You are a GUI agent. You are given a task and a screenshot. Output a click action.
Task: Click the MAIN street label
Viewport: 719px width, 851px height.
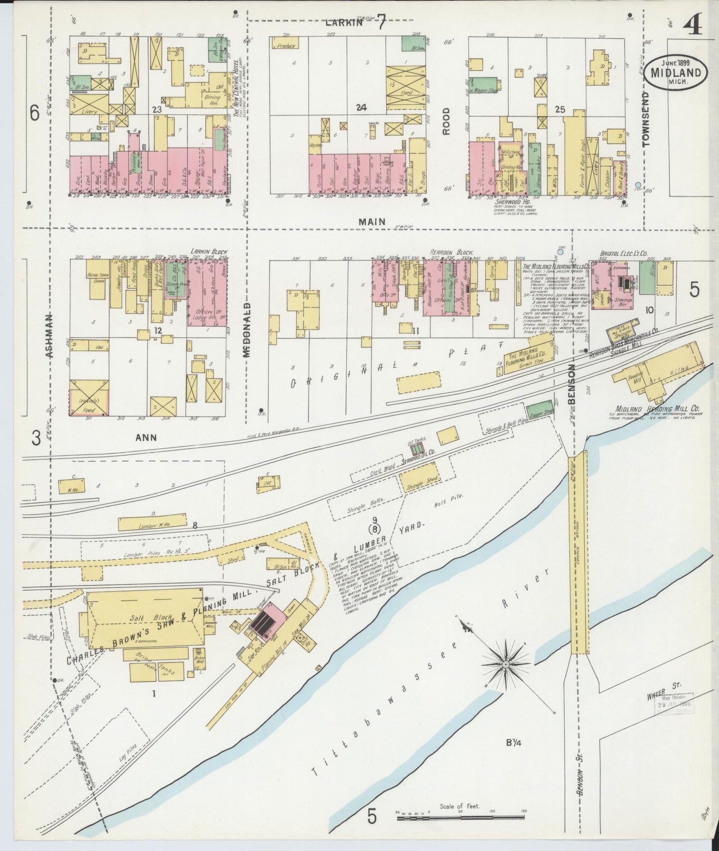372,222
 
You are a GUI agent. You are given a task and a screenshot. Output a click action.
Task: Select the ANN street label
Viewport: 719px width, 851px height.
146,437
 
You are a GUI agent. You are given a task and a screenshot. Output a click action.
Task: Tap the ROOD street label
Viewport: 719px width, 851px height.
446,121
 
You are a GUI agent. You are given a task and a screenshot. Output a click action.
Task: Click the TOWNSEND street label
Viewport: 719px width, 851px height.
646,118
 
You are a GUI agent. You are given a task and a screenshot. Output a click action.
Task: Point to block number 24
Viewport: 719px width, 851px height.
361,107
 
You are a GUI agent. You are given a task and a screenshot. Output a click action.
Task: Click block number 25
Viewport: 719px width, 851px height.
560,110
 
